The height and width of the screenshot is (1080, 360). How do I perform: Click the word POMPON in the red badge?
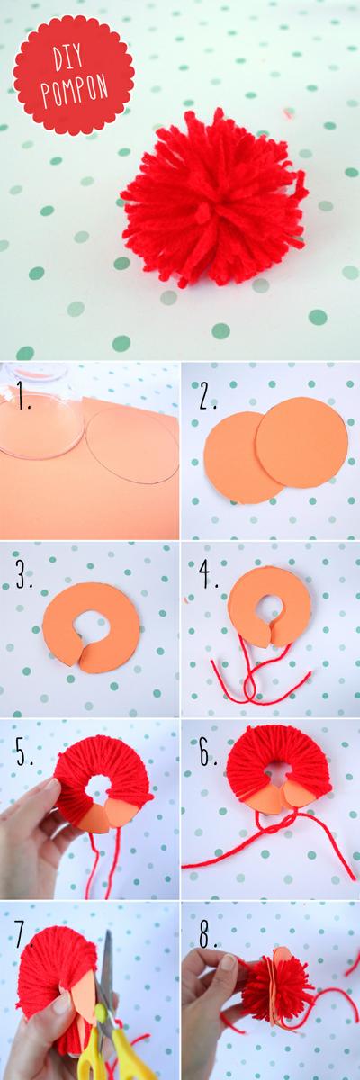(x=75, y=86)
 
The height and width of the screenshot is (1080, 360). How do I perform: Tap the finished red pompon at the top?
(x=213, y=198)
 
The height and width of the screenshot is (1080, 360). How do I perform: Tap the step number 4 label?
(x=209, y=577)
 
